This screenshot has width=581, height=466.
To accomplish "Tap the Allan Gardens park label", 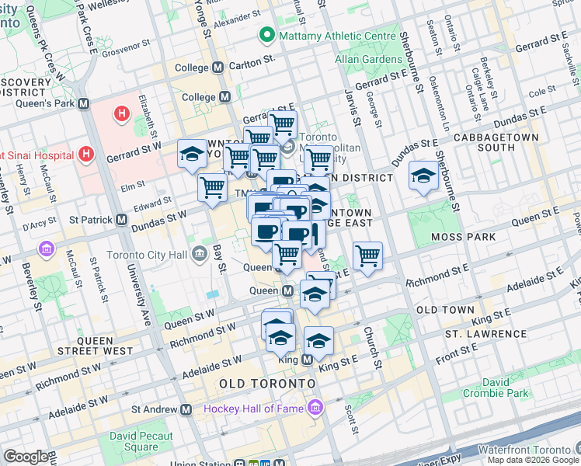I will [367, 59].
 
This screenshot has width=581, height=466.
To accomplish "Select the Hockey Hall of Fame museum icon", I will [315, 408].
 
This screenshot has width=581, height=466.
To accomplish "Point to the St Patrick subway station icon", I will [122, 220].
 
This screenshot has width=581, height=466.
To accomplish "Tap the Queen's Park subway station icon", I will [83, 103].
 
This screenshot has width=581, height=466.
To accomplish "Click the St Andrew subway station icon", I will [186, 409].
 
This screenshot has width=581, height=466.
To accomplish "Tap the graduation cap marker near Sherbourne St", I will [424, 176].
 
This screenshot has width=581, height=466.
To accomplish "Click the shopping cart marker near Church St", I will [367, 255].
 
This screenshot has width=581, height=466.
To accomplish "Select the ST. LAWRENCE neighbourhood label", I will [485, 334].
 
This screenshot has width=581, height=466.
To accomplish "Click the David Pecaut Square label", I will [141, 441].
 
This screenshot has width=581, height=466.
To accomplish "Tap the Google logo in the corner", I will [26, 457].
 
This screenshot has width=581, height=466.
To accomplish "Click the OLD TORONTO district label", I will [267, 384].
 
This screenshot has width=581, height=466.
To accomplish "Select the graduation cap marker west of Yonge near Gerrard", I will [192, 154].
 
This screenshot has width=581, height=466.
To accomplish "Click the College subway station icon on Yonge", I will [225, 97].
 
